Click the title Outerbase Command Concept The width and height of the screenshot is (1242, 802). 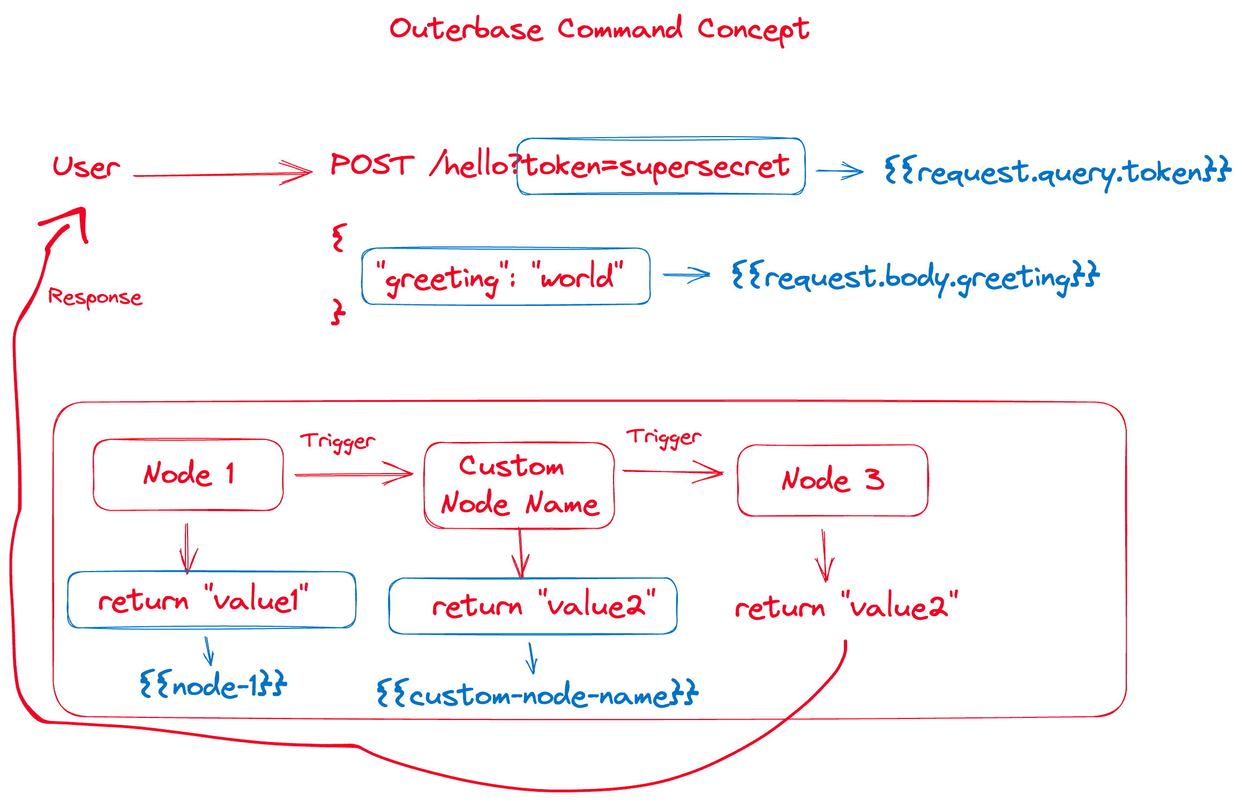click(x=599, y=29)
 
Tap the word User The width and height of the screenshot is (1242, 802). click(x=86, y=168)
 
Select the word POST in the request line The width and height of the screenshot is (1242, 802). click(x=372, y=164)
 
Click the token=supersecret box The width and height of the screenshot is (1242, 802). click(x=661, y=167)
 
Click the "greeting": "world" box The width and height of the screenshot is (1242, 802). click(x=506, y=276)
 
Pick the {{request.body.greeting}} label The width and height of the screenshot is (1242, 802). click(x=915, y=278)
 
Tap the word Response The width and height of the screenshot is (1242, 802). click(x=95, y=297)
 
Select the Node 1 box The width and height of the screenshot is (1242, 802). click(x=188, y=474)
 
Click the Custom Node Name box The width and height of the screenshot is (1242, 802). click(x=519, y=485)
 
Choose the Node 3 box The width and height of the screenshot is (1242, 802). click(x=832, y=480)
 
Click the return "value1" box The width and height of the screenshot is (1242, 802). click(x=211, y=599)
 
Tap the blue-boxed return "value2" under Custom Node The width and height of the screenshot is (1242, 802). click(x=533, y=606)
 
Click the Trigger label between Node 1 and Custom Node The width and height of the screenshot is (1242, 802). click(x=338, y=441)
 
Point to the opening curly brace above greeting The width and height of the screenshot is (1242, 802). click(x=339, y=237)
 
